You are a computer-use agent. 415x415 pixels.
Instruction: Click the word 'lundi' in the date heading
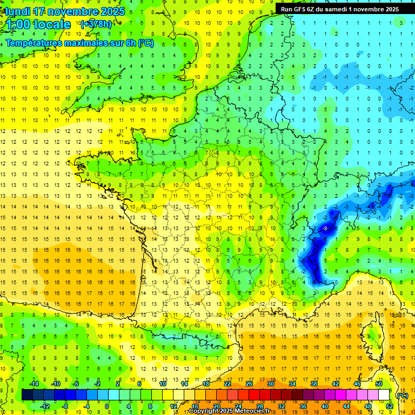[x=18, y=11]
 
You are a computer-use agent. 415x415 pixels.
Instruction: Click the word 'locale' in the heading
[x=52, y=24]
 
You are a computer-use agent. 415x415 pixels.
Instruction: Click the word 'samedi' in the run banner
[x=335, y=9]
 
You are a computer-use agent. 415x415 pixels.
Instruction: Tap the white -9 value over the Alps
[x=325, y=229]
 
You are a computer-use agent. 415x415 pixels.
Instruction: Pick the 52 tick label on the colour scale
[x=389, y=406]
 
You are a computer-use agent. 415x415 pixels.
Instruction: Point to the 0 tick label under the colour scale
[x=107, y=406]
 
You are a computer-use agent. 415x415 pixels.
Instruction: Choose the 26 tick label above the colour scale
[x=249, y=384]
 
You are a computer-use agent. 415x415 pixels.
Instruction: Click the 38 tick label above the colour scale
[x=313, y=384]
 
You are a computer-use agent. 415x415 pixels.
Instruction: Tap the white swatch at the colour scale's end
[x=384, y=395]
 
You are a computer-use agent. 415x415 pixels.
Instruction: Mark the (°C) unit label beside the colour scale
[x=403, y=396]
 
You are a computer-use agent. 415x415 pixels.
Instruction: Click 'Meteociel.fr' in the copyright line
[x=251, y=411]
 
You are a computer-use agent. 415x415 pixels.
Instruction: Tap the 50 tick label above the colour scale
[x=379, y=384]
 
